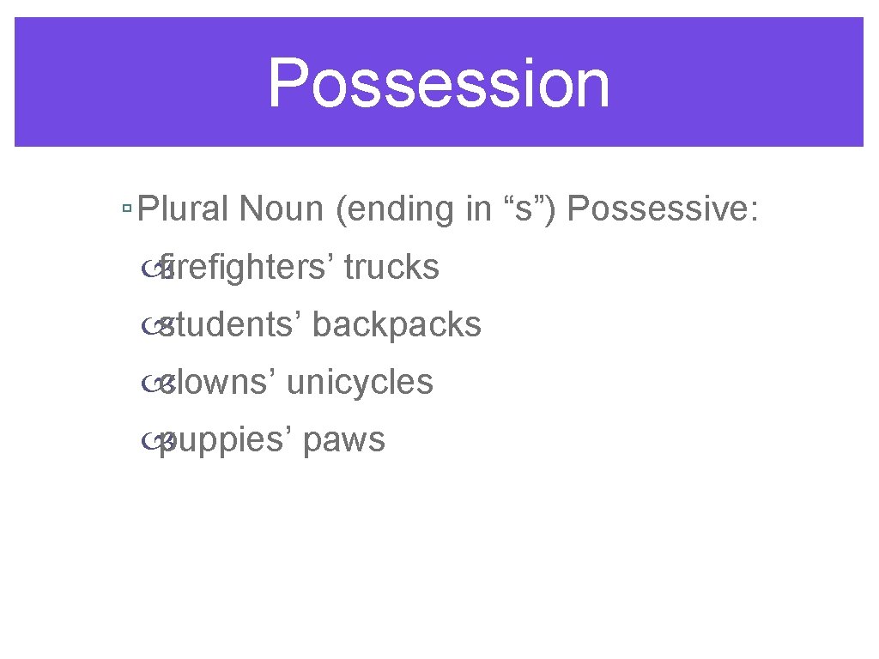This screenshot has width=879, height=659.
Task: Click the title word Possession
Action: click(x=439, y=83)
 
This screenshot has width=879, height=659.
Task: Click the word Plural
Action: click(x=185, y=209)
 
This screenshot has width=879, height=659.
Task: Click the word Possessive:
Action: click(x=663, y=209)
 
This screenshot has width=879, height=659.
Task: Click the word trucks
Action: click(x=391, y=268)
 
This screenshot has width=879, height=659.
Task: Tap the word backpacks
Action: click(x=397, y=325)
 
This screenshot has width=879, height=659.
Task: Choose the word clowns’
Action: click(x=218, y=383)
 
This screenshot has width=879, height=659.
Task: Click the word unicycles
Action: click(x=360, y=383)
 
